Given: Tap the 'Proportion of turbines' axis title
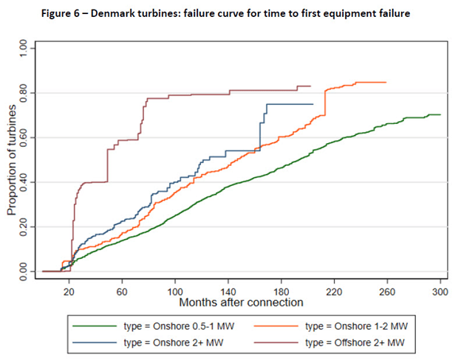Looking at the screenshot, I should tap(13, 160).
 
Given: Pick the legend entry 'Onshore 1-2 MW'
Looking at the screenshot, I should tap(355, 325).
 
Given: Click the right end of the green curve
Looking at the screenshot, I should tap(440, 114).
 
